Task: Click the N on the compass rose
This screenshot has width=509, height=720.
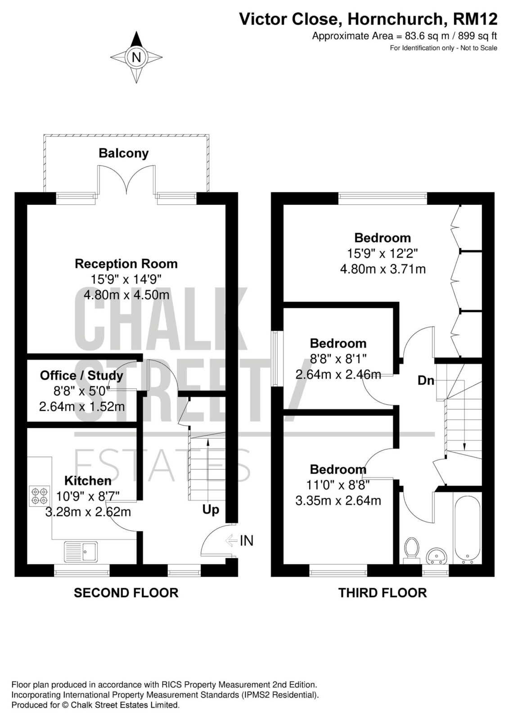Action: coord(137,58)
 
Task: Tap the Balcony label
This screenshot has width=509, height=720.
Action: coord(123,153)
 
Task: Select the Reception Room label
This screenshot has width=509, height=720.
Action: coord(126,264)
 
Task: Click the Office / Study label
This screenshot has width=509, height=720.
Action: coord(81,376)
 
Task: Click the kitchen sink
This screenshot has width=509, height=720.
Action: coord(81,552)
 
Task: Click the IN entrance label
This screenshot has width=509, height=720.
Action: coord(247,540)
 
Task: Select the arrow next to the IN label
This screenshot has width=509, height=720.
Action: coord(231,540)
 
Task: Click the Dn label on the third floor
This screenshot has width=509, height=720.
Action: coord(426,381)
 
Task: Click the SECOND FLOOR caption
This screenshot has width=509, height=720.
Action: coord(126,592)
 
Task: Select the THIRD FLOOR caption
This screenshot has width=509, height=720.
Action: coord(383,592)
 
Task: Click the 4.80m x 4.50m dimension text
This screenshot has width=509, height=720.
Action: coord(126,295)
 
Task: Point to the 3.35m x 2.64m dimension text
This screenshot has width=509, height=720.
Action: coord(338,500)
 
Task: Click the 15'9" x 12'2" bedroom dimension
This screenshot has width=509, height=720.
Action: coord(383,254)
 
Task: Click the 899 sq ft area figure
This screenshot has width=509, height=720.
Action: coord(477,36)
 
